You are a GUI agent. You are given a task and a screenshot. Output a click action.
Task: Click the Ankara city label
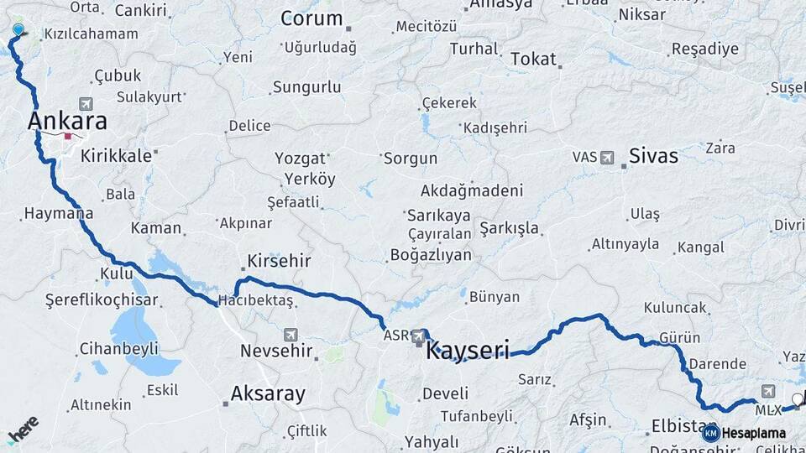(x=67, y=121)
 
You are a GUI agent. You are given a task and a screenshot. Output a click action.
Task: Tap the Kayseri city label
(x=467, y=349)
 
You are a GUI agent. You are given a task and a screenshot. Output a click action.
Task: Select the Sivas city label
(x=653, y=156)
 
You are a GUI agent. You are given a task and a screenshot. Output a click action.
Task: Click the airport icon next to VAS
(x=608, y=157)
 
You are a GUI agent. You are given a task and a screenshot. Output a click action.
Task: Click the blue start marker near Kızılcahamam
(x=18, y=30)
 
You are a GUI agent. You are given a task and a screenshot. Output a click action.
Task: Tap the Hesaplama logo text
(x=753, y=434)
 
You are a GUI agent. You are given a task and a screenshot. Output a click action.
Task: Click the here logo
(x=23, y=431)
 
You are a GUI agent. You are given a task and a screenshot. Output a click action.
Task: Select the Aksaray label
(x=268, y=393)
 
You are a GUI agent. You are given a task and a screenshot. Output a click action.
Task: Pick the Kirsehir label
(x=279, y=261)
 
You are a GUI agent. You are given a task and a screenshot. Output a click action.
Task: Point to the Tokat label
(x=533, y=59)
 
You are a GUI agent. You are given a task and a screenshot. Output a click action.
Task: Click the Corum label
(x=311, y=18)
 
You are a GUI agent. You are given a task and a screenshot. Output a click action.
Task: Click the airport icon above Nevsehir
(x=290, y=334)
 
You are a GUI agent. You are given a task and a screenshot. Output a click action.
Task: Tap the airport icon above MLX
(x=768, y=391)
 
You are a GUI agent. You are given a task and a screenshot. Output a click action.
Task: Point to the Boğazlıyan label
(x=432, y=254)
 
